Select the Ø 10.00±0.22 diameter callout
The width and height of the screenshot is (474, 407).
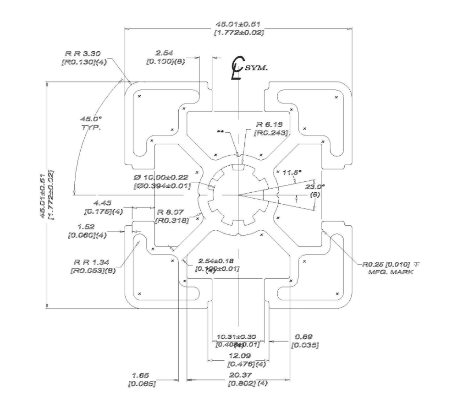coord(161,178)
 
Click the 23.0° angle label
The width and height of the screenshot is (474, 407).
coord(314,187)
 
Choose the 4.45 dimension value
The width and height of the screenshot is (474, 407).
coord(102,202)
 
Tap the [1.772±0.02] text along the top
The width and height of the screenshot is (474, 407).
coord(238,33)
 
